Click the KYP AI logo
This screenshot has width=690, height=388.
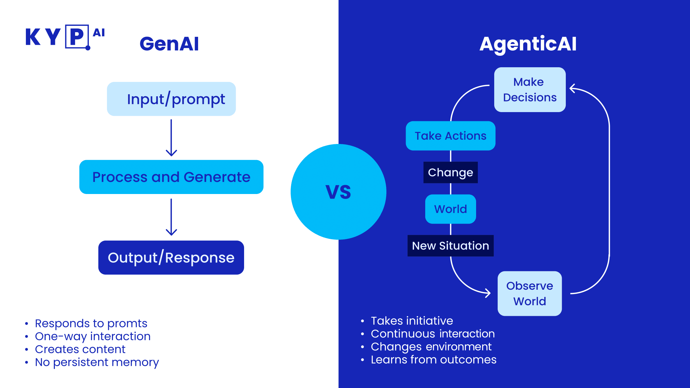65,37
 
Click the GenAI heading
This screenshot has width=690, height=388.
169,44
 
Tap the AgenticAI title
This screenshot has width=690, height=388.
528,44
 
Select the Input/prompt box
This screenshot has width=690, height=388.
171,99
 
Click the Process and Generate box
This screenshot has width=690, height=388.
171,177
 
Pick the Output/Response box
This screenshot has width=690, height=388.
171,258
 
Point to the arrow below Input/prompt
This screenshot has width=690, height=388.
171,138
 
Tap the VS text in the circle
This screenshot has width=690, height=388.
338,192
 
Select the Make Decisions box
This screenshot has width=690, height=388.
530,90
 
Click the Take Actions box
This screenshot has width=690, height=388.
451,136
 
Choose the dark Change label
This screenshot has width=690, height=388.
451,172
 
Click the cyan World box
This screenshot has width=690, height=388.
451,209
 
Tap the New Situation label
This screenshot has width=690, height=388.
451,246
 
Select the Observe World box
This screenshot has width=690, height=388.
530,293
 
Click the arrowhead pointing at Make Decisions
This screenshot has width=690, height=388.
572,89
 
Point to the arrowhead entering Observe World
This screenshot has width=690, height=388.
488,293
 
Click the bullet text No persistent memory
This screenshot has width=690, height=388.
97,362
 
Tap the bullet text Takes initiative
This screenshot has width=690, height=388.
412,321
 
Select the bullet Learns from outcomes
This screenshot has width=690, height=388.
433,360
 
